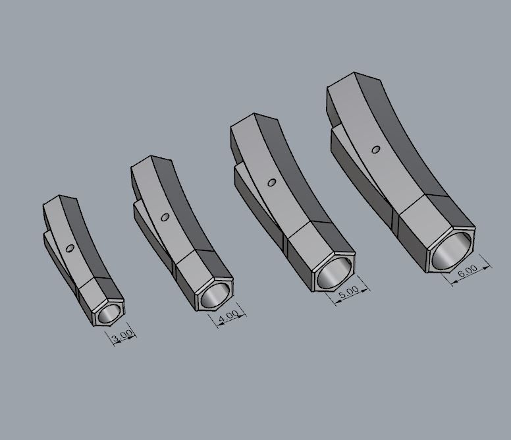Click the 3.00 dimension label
[x=122, y=339]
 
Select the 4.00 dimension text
[x=228, y=317]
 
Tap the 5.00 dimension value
[x=348, y=290]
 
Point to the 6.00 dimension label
[x=468, y=270]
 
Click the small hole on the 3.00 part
[x=70, y=248]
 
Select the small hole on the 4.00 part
[x=165, y=216]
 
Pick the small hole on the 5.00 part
[x=271, y=182]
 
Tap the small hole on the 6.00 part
[x=375, y=150]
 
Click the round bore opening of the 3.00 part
[x=110, y=312]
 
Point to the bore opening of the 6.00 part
[x=453, y=248]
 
